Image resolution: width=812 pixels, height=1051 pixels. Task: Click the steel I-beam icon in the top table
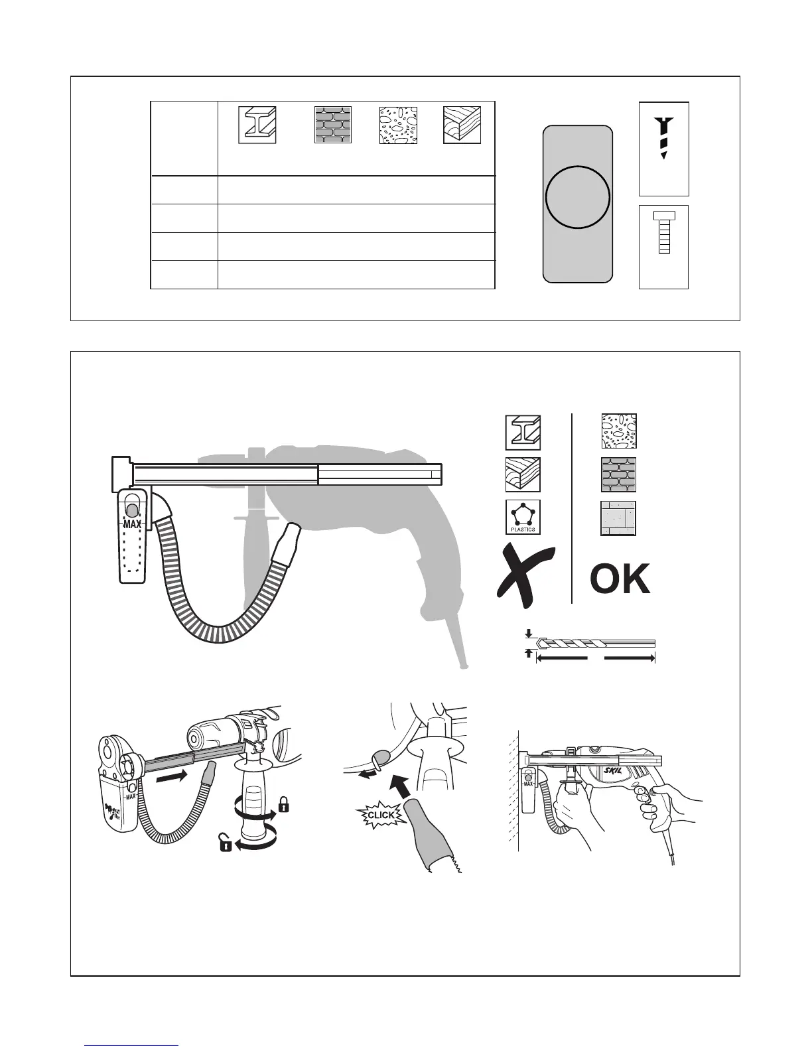(x=257, y=125)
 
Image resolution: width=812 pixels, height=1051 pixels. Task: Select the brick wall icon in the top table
(x=333, y=125)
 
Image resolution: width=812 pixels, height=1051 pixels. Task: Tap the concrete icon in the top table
(x=397, y=125)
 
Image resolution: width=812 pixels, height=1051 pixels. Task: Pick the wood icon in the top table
(x=462, y=125)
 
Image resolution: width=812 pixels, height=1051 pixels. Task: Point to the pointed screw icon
(x=663, y=137)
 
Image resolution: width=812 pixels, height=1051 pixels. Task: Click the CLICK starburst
(x=381, y=815)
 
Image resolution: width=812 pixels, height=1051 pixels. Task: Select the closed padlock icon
(x=283, y=806)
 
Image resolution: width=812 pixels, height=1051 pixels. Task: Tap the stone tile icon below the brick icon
(x=618, y=518)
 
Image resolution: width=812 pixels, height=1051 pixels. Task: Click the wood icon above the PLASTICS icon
(x=523, y=475)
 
